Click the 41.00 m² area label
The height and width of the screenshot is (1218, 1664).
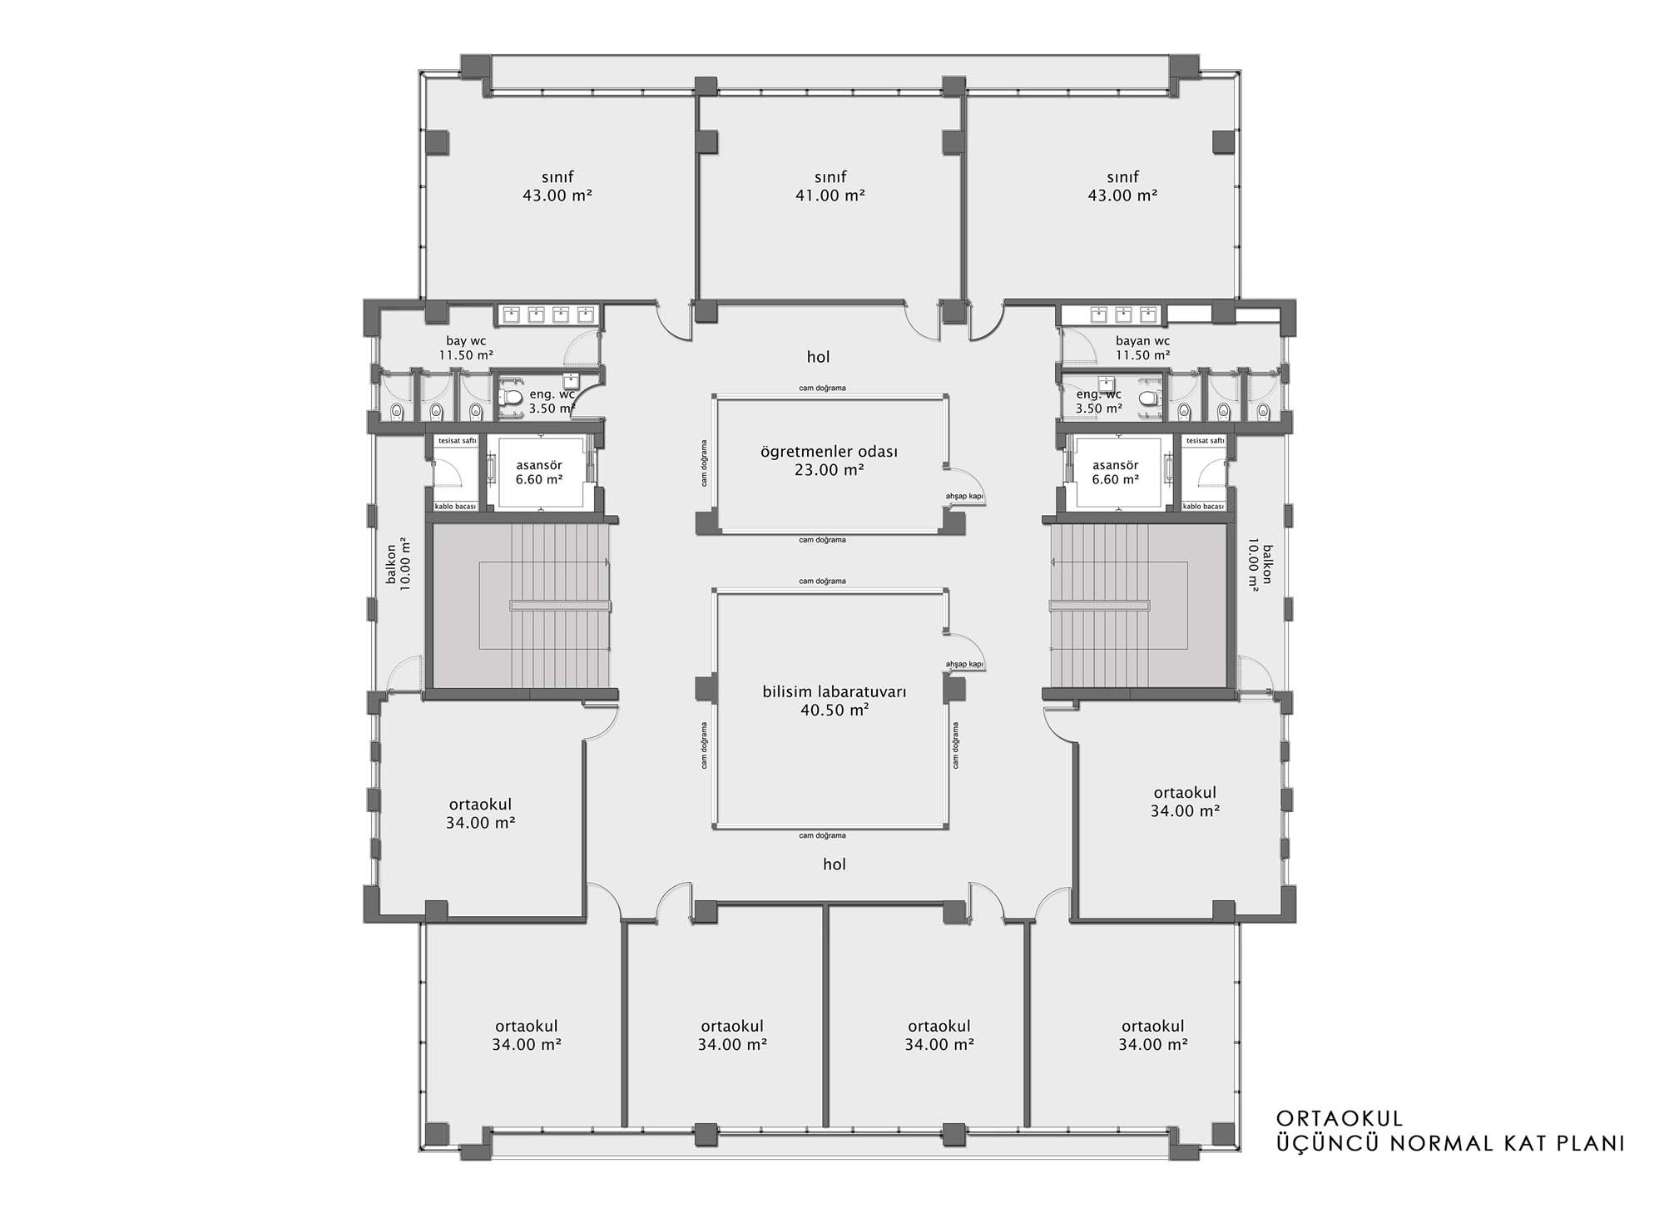(830, 196)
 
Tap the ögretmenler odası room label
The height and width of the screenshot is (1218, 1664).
(829, 452)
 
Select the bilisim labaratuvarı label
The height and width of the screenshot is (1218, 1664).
(834, 692)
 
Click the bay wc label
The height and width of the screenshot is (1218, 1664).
(466, 341)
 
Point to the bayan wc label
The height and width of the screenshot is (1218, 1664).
(1142, 341)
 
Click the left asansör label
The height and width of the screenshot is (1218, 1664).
(539, 466)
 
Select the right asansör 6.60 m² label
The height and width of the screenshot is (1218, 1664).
(1115, 473)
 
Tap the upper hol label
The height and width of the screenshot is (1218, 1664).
(819, 357)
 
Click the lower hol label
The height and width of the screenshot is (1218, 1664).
(834, 864)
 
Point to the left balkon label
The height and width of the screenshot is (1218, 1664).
(399, 564)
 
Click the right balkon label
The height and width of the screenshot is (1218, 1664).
(1260, 564)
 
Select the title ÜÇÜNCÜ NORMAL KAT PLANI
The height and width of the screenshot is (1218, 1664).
(1450, 1143)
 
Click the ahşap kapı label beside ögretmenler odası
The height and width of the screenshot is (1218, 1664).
(964, 497)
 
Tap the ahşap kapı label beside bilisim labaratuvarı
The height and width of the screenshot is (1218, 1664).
(964, 664)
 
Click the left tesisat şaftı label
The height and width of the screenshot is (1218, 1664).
(457, 441)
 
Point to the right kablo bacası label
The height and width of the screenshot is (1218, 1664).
(1203, 506)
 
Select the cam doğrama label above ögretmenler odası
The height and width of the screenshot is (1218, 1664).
(822, 388)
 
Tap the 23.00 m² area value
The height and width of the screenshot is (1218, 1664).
(829, 470)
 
